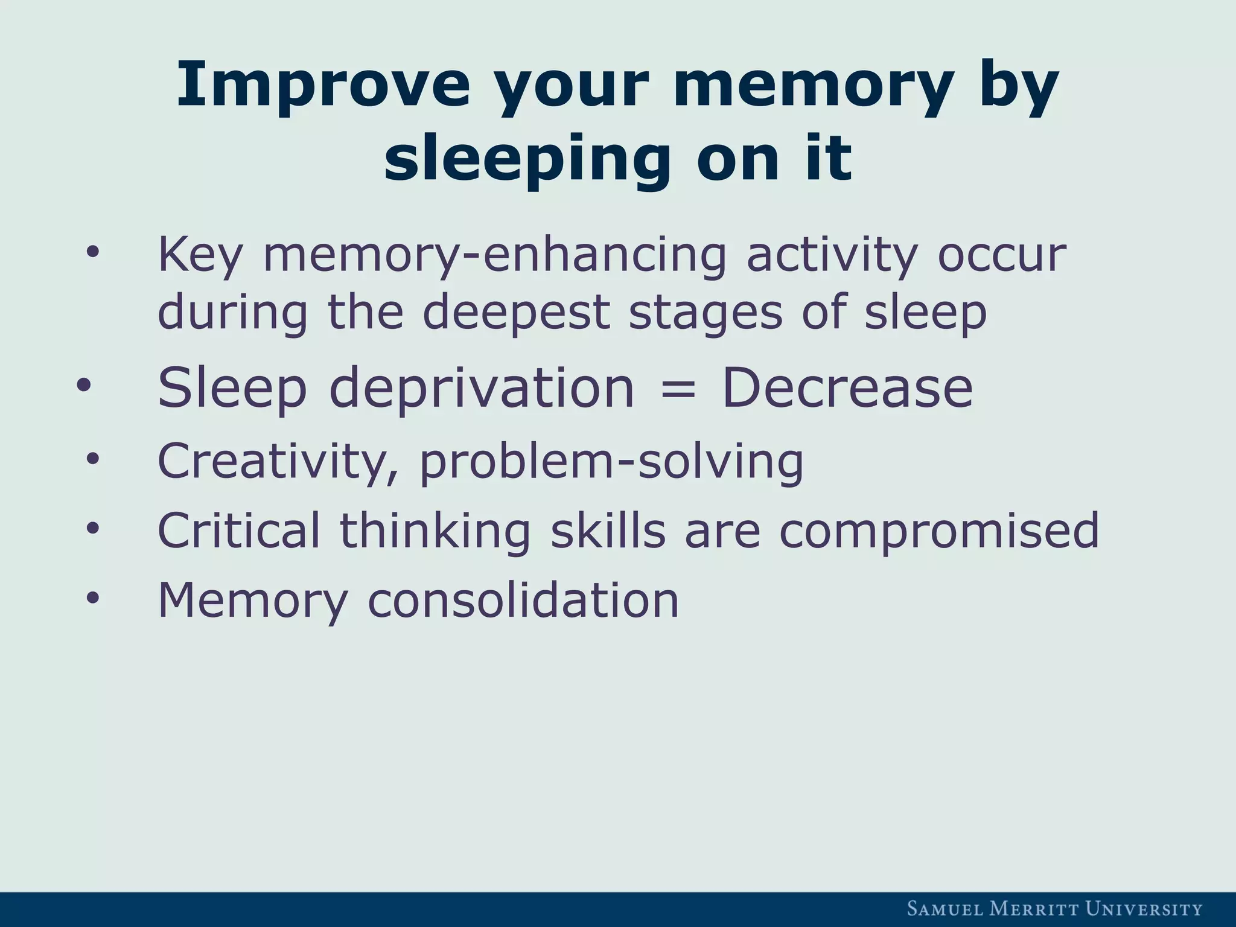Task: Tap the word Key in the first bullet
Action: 200,256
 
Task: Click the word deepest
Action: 516,313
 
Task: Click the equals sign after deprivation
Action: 678,389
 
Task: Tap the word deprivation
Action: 482,389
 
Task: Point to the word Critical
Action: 239,530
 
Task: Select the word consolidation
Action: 523,600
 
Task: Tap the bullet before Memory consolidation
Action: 92,597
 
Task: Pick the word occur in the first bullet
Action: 1002,256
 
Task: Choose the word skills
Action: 608,530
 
